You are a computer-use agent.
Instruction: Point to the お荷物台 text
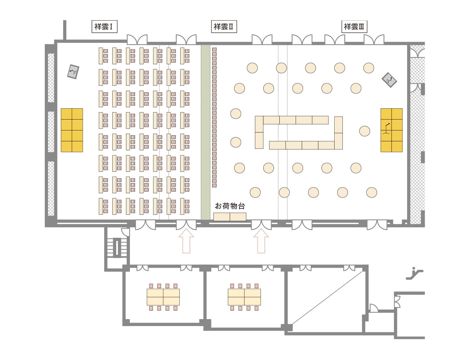pyautogui.click(x=230, y=206)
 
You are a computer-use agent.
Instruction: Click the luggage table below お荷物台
pyautogui.click(x=230, y=217)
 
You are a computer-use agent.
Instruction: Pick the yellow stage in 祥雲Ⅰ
pyautogui.click(x=72, y=130)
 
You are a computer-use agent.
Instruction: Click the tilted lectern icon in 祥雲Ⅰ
pyautogui.click(x=73, y=72)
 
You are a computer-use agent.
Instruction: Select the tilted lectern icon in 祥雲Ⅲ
pyautogui.click(x=389, y=80)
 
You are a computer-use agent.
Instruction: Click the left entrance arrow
pyautogui.click(x=186, y=241)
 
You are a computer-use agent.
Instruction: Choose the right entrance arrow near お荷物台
pyautogui.click(x=261, y=241)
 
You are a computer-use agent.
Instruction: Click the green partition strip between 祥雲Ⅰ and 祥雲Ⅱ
pyautogui.click(x=205, y=132)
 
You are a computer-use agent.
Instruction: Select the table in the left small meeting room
pyautogui.click(x=163, y=297)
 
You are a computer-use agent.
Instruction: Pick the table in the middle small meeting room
pyautogui.click(x=245, y=297)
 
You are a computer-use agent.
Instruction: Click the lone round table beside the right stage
pyautogui.click(x=365, y=131)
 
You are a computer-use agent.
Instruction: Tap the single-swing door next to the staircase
pyautogui.click(x=126, y=232)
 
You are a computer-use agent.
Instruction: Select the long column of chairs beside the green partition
pyautogui.click(x=214, y=117)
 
